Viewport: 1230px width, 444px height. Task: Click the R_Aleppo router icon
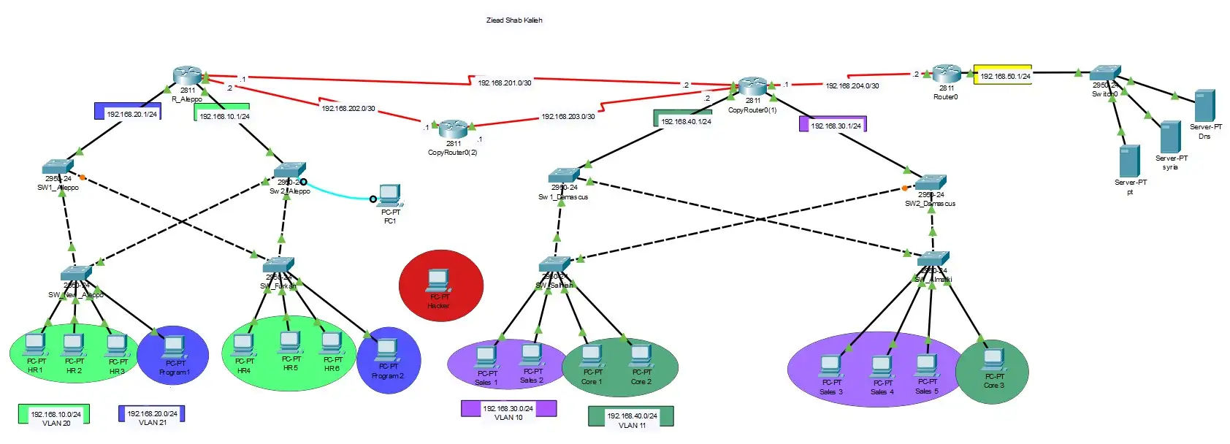point(188,75)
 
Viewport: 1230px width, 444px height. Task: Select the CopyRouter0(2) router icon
point(453,129)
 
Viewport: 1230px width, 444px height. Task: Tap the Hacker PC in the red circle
point(438,280)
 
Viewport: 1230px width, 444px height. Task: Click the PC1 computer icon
point(390,195)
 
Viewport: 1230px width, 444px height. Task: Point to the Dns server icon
point(1204,106)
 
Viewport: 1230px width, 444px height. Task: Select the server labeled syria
point(1170,137)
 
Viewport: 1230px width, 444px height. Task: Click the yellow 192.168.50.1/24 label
point(1003,75)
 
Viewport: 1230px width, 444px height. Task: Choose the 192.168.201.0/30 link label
point(504,83)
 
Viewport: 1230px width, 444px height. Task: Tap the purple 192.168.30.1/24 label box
point(833,124)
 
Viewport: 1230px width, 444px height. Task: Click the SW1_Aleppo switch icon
point(58,166)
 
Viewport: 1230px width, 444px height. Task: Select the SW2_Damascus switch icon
point(931,183)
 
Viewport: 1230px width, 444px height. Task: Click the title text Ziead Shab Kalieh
point(514,20)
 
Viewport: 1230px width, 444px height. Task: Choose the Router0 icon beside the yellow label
point(946,74)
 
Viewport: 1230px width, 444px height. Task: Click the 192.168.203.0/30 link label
point(568,117)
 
